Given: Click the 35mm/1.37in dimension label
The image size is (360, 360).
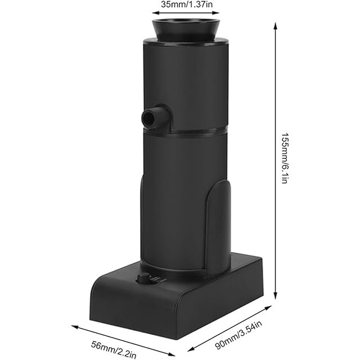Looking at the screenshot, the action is pyautogui.click(x=186, y=4).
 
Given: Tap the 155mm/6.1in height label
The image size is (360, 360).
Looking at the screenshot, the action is pyautogui.click(x=285, y=158).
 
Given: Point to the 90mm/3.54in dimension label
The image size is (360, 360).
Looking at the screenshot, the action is pyautogui.click(x=238, y=335).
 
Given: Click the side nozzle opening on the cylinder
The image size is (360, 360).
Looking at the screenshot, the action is pyautogui.click(x=148, y=118).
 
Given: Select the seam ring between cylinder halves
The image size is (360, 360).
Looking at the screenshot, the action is pyautogui.click(x=186, y=132).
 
